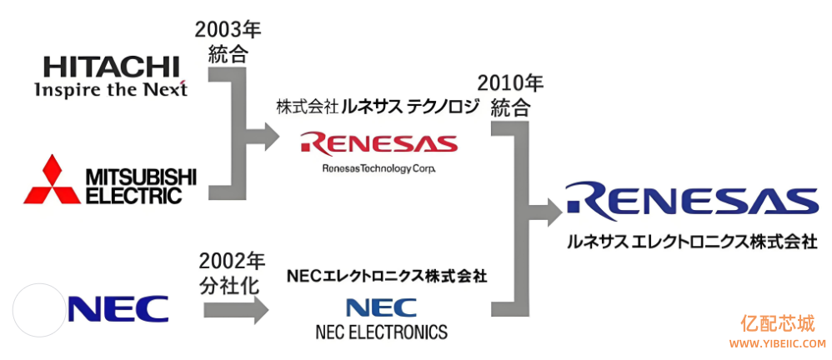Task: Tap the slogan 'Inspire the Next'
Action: [x=111, y=89]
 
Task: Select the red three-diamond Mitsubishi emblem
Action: [x=52, y=181]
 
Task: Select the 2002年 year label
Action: [x=231, y=261]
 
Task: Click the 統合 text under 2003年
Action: [x=228, y=55]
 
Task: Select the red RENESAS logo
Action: [x=379, y=142]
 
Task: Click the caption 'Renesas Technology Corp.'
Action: [x=378, y=169]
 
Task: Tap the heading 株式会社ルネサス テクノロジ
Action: [x=378, y=107]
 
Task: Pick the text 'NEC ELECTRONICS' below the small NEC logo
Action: [x=381, y=332]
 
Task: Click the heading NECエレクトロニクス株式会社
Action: [x=386, y=274]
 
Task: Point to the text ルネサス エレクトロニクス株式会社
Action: [x=691, y=242]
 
